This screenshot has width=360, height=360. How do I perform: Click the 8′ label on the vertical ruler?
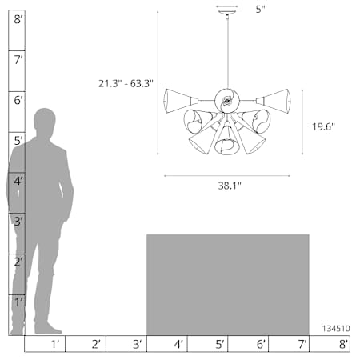pyautogui.click(x=18, y=19)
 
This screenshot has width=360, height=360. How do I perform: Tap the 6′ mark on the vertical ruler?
pyautogui.click(x=18, y=101)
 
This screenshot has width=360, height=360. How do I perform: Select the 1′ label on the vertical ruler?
pyautogui.click(x=18, y=302)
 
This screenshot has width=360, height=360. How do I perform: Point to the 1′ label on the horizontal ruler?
pyautogui.click(x=54, y=344)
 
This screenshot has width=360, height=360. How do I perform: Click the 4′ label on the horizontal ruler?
pyautogui.click(x=178, y=344)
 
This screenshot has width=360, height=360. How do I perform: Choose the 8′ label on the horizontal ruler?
pyautogui.click(x=344, y=344)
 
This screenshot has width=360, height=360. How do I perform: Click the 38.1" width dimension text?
pyautogui.click(x=230, y=186)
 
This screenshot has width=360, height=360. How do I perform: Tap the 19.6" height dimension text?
pyautogui.click(x=323, y=126)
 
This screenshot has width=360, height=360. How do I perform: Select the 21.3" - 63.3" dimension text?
pyautogui.click(x=126, y=84)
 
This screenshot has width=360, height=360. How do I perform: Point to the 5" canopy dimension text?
pyautogui.click(x=261, y=10)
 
